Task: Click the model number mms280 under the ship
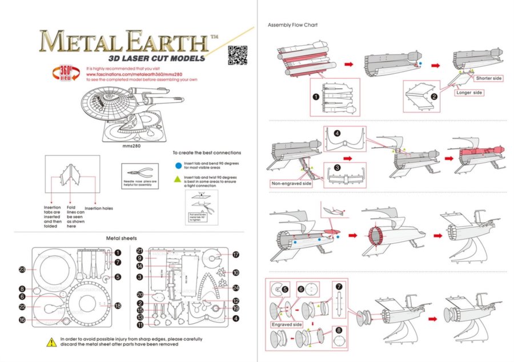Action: [x=131, y=146]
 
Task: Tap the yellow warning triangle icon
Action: [x=50, y=341]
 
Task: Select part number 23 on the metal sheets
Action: [x=22, y=269]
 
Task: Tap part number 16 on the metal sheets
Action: [x=22, y=320]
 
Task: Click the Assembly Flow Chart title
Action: [x=292, y=25]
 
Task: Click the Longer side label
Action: [x=469, y=92]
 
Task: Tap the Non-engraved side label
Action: [x=291, y=184]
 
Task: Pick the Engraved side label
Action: [x=287, y=324]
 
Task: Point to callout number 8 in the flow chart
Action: [x=339, y=329]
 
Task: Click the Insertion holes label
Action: [x=99, y=208]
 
